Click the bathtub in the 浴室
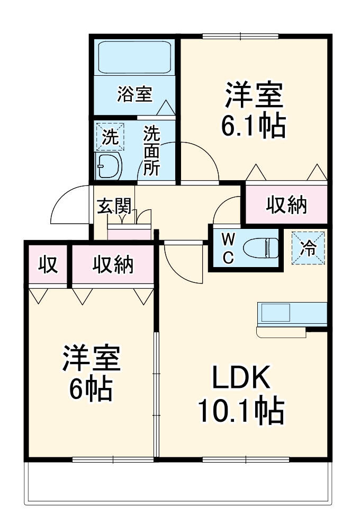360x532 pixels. click(x=134, y=58)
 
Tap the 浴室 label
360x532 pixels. click(x=134, y=95)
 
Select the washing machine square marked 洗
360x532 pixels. click(x=109, y=137)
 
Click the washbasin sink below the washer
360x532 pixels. click(x=109, y=166)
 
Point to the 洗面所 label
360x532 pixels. click(x=152, y=150)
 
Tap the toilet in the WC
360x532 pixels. click(x=262, y=247)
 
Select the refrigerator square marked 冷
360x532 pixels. click(x=308, y=247)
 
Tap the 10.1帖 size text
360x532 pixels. click(x=240, y=411)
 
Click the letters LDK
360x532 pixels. click(x=241, y=377)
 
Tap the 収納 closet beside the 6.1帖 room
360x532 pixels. click(x=286, y=205)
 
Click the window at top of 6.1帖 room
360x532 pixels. click(x=240, y=37)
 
